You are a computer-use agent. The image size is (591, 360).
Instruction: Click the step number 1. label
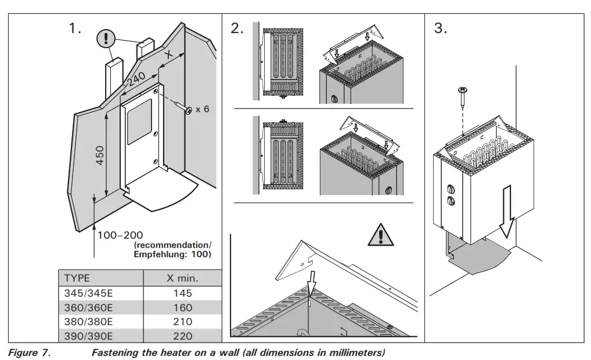tap(75, 28)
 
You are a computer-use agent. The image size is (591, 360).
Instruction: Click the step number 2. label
tap(237, 28)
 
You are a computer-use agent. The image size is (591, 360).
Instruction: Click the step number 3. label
tap(441, 28)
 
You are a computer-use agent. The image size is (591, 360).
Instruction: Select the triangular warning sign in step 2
tap(380, 235)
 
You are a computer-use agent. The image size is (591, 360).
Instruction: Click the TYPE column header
tap(77, 278)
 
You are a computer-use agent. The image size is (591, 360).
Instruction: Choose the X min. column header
tap(182, 278)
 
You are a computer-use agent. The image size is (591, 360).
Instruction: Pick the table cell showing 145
tap(182, 293)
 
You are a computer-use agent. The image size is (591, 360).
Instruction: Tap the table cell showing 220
tap(182, 336)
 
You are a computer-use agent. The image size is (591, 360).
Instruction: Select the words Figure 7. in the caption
tap(30, 352)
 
